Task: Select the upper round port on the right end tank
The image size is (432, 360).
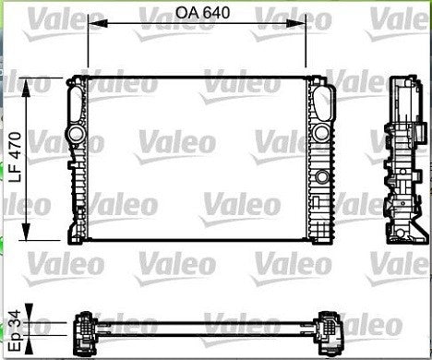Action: pyautogui.click(x=320, y=135)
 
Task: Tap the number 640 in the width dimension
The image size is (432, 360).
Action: pyautogui.click(x=213, y=15)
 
